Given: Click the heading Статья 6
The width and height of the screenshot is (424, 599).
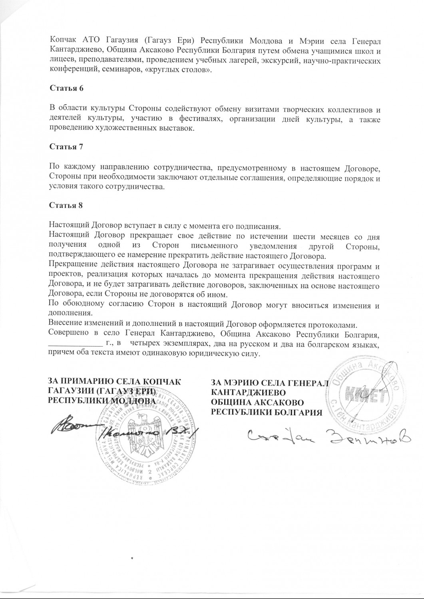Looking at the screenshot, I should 66,88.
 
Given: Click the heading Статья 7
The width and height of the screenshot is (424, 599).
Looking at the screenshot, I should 66,147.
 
